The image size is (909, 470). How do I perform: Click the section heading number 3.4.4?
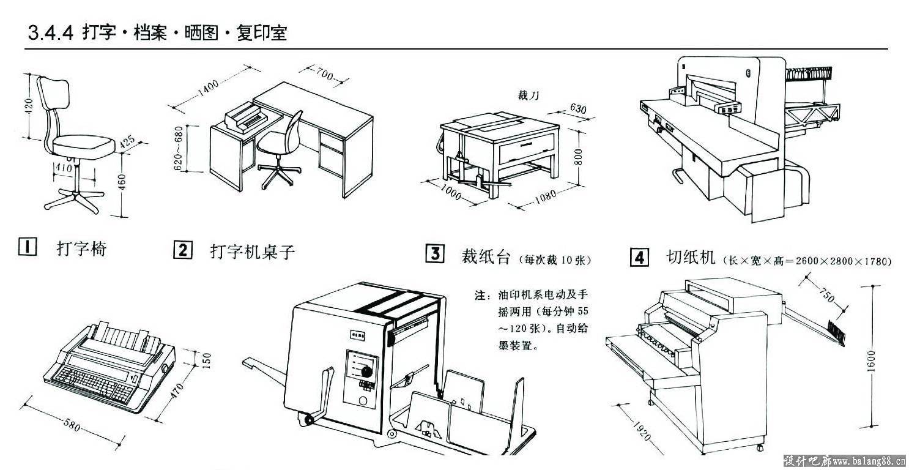click(x=51, y=32)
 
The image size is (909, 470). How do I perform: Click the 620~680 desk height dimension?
click(x=178, y=148)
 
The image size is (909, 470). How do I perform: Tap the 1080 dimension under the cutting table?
click(x=544, y=196)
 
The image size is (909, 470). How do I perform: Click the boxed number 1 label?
click(x=27, y=247)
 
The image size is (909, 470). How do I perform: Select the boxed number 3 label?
click(x=434, y=254)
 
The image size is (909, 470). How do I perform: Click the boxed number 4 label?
click(x=639, y=257)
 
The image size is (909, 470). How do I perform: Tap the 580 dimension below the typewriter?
click(x=73, y=425)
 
